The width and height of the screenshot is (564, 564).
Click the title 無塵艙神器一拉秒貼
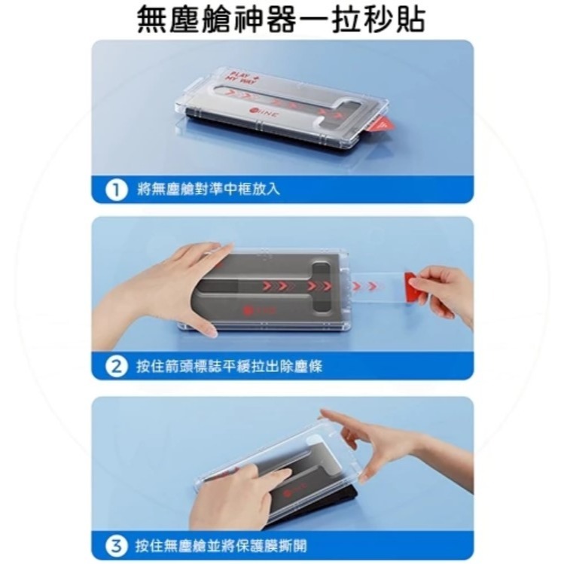(x=281, y=19)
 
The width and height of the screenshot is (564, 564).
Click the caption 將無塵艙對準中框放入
(x=209, y=189)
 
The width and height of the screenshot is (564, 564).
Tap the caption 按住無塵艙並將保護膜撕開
(x=221, y=545)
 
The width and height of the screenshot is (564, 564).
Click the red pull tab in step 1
(x=382, y=124)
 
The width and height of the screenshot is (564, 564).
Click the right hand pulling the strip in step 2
(x=448, y=290)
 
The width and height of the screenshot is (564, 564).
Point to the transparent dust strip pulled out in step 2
(x=377, y=286)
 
